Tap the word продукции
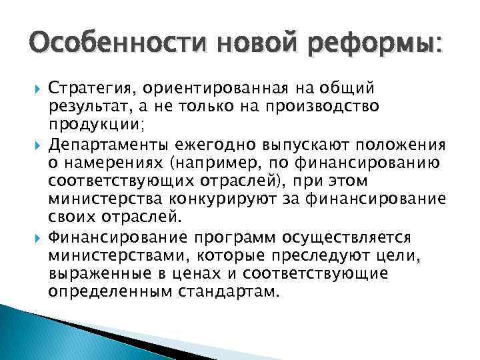[91, 125]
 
